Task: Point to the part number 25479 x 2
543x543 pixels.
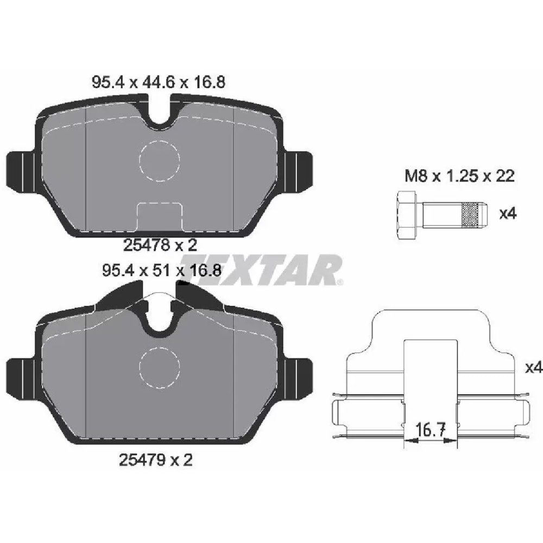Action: click(156, 460)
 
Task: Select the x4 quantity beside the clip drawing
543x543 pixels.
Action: click(533, 368)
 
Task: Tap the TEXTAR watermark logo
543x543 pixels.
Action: click(261, 270)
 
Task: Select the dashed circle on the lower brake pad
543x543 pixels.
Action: click(159, 368)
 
